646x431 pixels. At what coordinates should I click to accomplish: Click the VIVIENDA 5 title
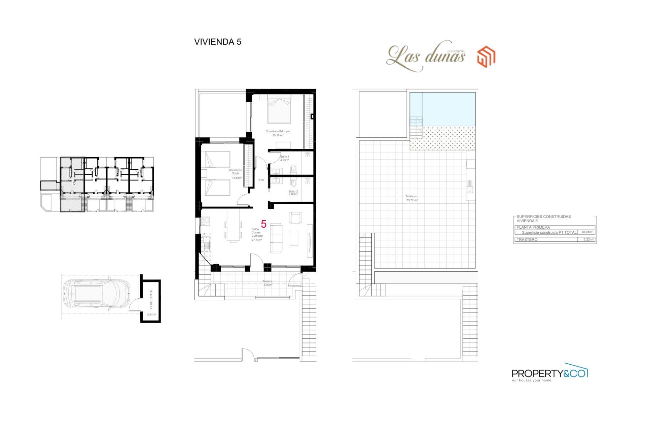[218, 42]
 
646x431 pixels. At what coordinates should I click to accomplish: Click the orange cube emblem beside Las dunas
[486, 57]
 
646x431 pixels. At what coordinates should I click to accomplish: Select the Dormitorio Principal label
[278, 133]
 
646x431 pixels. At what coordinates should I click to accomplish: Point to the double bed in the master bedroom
[279, 109]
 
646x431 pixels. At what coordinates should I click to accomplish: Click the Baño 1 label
[285, 158]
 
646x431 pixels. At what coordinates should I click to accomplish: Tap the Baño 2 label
[293, 193]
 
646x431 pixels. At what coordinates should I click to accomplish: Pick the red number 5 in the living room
[264, 224]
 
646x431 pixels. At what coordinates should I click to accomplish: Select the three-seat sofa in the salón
[276, 238]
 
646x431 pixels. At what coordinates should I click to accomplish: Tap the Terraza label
[267, 283]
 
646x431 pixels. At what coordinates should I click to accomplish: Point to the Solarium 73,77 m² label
[411, 198]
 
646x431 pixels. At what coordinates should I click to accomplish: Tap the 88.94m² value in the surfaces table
[587, 232]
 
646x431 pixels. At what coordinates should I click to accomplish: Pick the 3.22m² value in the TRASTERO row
[588, 239]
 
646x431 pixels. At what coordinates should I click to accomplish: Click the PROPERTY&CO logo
[549, 373]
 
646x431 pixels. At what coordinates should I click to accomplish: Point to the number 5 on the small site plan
[74, 183]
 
